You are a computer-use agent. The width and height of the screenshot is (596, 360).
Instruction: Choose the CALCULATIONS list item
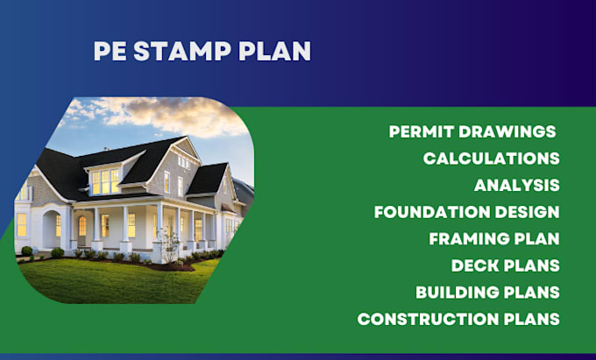pos(491,159)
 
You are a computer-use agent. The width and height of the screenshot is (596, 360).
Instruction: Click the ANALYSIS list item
pos(516,186)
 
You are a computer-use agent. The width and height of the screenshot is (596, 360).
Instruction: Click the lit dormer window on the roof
pos(105,180)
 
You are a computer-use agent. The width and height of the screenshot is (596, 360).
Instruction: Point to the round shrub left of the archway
pos(27,251)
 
